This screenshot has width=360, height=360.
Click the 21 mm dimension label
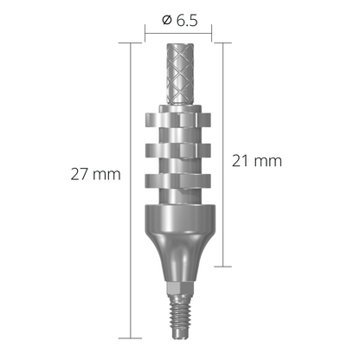(x=259, y=161)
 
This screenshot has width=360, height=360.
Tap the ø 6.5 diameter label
(x=177, y=22)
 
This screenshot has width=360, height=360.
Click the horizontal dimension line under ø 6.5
(x=178, y=38)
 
